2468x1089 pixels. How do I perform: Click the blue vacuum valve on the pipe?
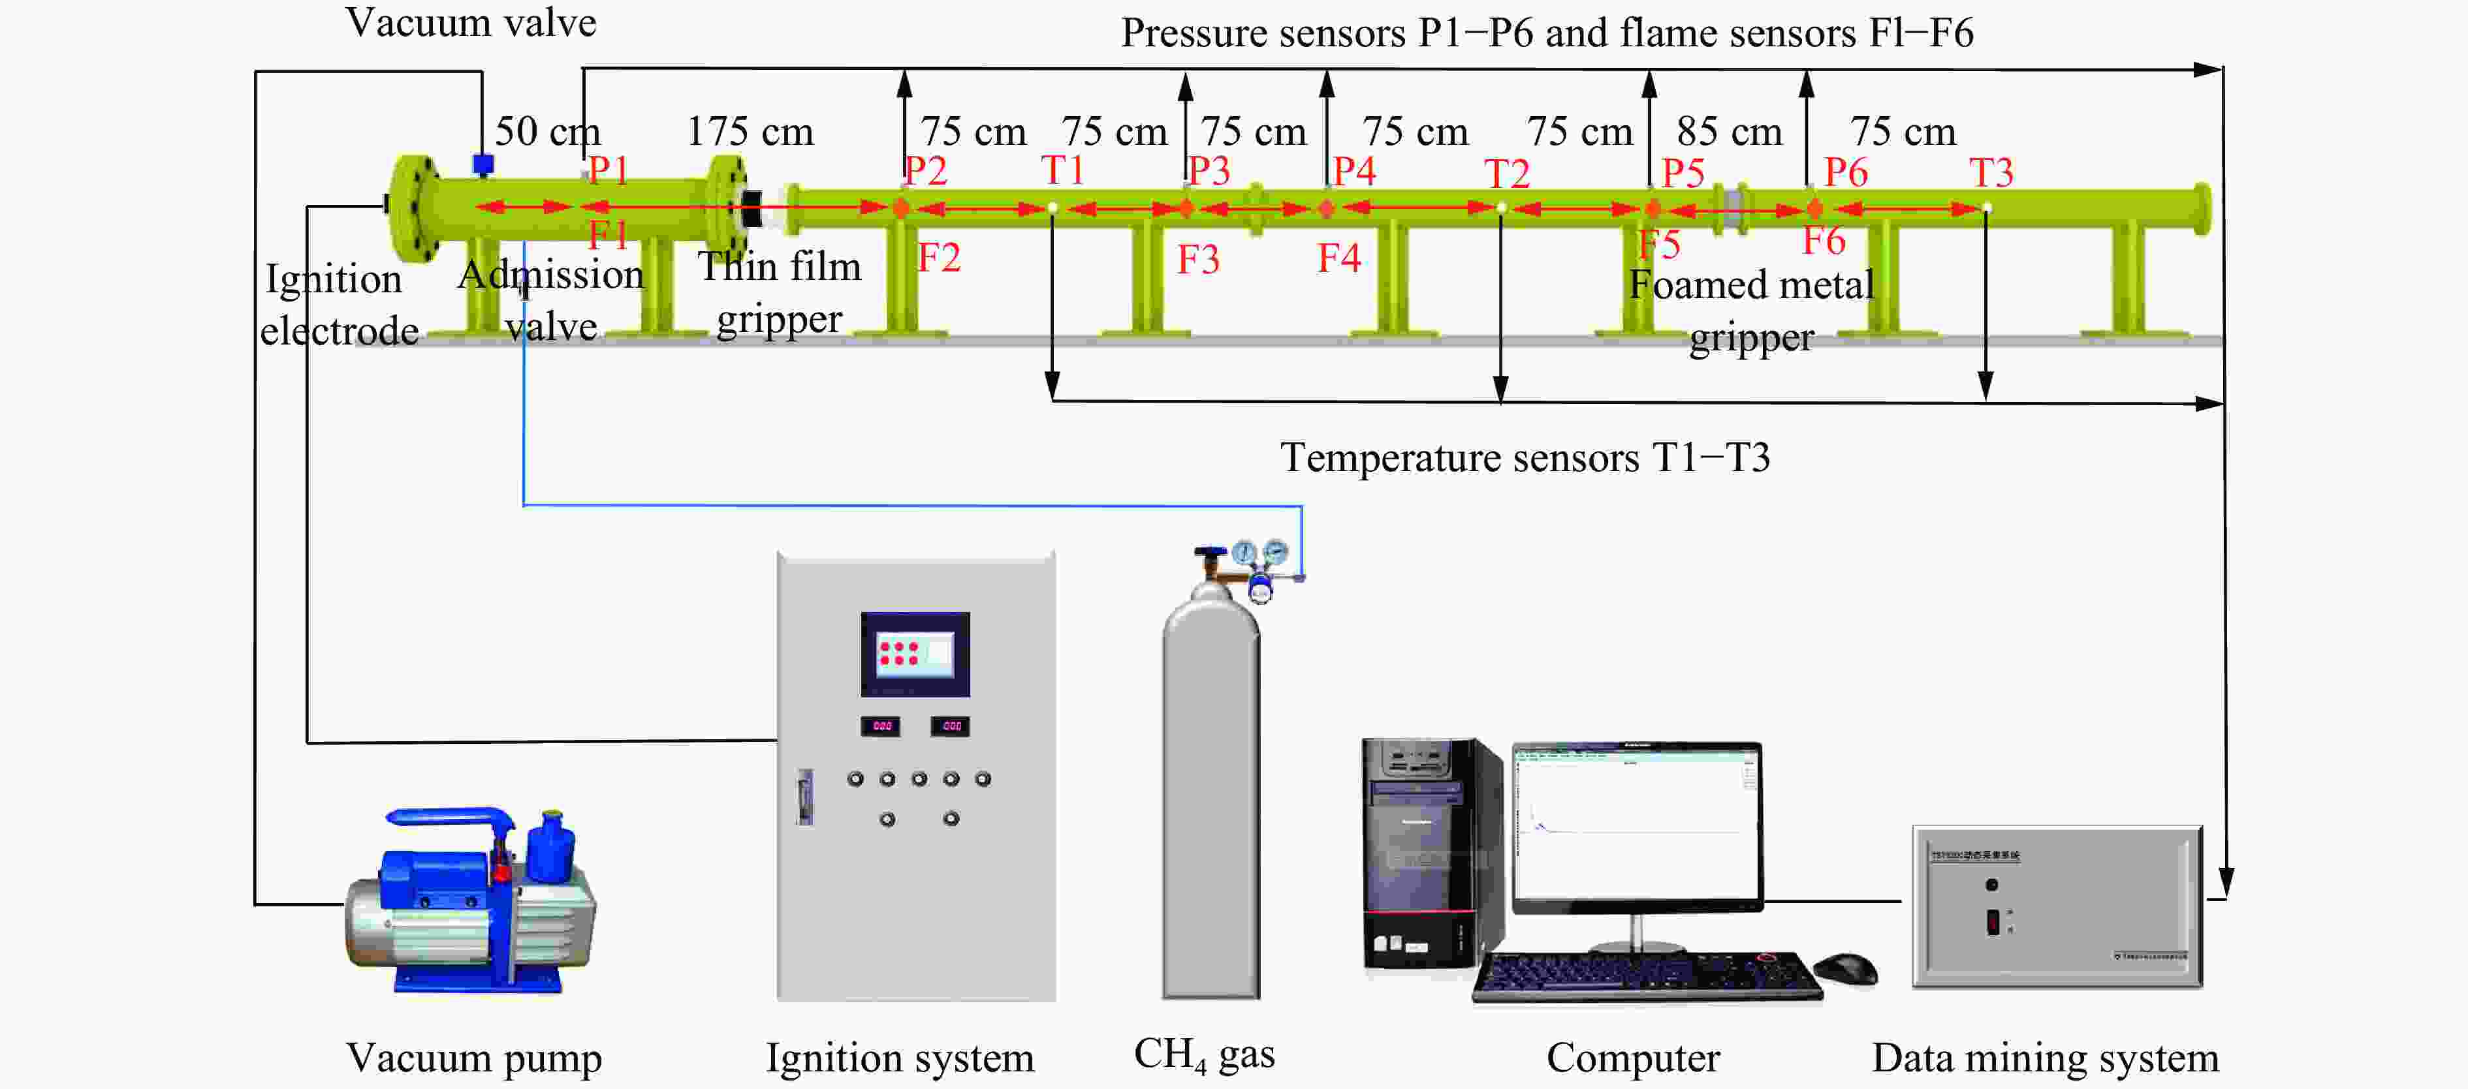click(483, 164)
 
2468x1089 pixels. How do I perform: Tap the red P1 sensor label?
click(609, 170)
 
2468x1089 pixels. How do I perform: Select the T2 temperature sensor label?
click(1507, 174)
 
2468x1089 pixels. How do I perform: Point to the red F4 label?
click(1338, 258)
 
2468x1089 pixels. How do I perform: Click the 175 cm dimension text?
click(750, 131)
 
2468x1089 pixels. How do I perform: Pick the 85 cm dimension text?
click(1730, 131)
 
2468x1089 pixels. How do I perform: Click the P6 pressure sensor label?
click(1845, 172)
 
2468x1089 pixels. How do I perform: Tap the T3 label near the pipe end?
click(1991, 172)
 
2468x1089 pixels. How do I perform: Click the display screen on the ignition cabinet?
click(915, 654)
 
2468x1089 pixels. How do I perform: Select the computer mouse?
click(1845, 968)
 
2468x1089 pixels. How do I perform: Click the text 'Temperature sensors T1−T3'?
click(1525, 458)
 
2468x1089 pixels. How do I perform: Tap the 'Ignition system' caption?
click(900, 1058)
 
